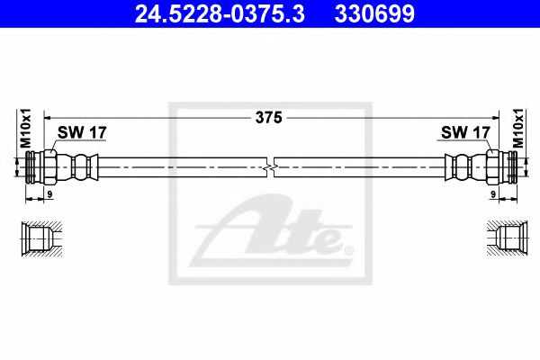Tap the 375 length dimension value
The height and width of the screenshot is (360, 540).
268,117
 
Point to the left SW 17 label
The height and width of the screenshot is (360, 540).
82,132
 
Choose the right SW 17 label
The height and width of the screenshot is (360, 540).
464,132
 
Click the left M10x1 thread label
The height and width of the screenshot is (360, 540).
26,128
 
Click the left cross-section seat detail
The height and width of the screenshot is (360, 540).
40,239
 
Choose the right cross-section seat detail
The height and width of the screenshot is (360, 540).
502,239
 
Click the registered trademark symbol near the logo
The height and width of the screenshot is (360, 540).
349,249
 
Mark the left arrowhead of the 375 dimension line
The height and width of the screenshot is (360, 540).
47,117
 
